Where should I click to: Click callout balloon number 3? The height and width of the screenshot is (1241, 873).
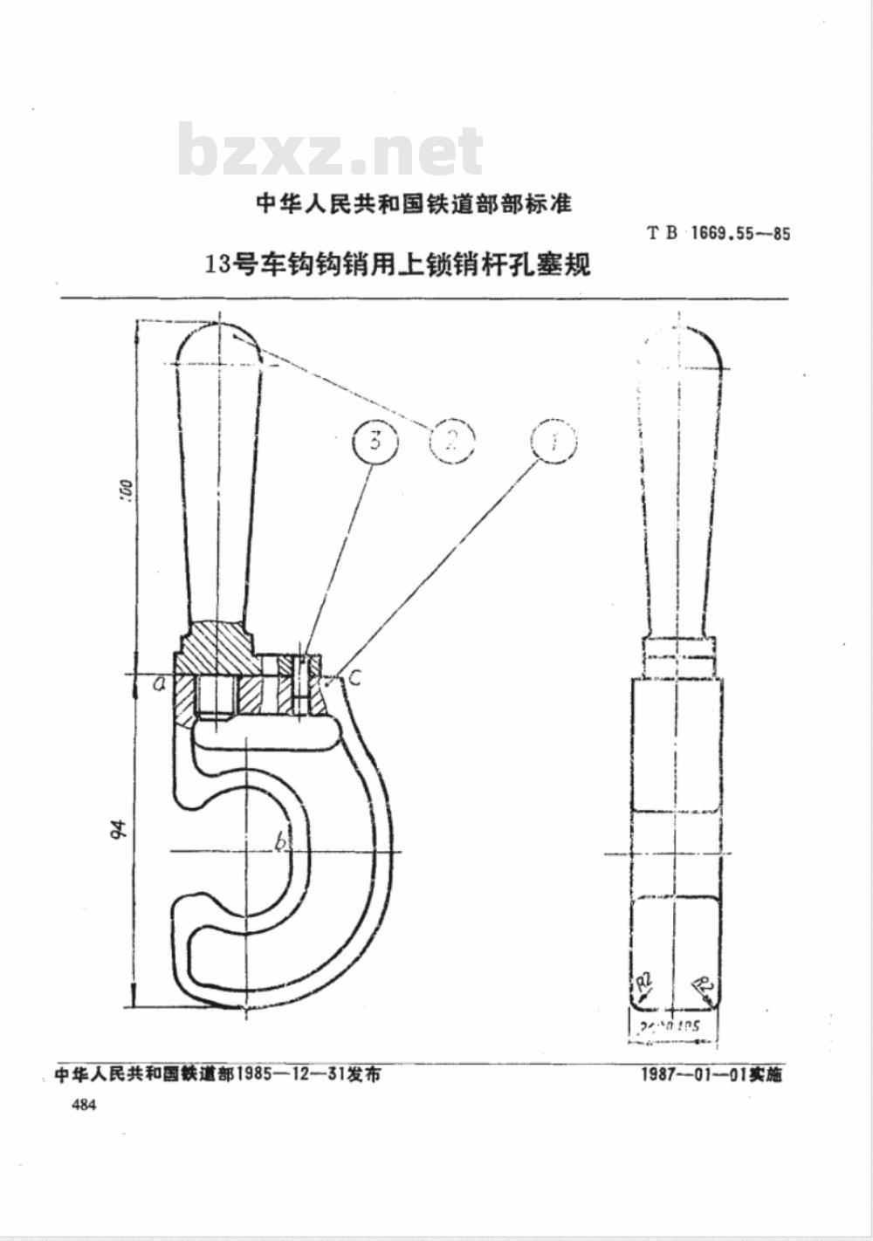point(375,441)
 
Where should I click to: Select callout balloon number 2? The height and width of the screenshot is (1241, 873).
point(451,441)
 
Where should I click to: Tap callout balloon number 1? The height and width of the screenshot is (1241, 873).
point(554,441)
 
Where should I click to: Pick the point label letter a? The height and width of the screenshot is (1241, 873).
point(160,684)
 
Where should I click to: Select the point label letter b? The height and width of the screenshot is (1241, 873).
point(280,842)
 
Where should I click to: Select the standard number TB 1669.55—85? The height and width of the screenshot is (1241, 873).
point(718,234)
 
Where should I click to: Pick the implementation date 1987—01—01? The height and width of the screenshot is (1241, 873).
point(692,1074)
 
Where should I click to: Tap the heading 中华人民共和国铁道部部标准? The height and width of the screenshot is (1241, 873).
point(413,204)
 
